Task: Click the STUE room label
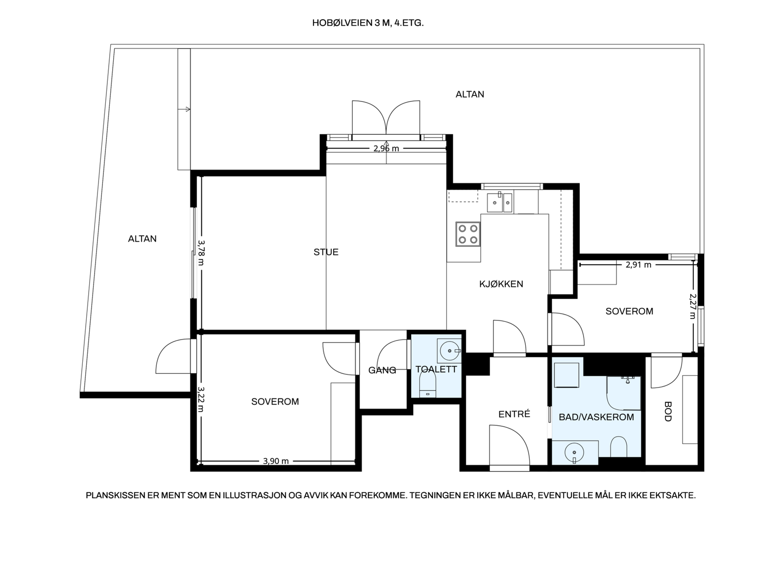click(x=326, y=252)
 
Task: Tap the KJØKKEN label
click(x=501, y=284)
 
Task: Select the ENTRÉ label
click(x=514, y=414)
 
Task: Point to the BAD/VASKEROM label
click(x=596, y=417)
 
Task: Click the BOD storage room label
click(x=668, y=412)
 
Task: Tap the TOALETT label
click(x=436, y=369)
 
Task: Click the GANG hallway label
click(x=382, y=370)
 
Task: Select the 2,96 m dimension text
click(x=386, y=148)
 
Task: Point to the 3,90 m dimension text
click(x=276, y=461)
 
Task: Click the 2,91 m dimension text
click(x=638, y=265)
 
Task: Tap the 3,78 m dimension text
click(x=201, y=252)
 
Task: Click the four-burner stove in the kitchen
click(x=468, y=234)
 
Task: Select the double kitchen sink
click(x=500, y=203)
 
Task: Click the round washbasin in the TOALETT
click(x=449, y=350)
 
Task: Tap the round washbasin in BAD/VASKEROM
click(x=574, y=453)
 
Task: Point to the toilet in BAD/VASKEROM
click(x=619, y=446)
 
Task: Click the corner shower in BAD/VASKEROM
click(x=624, y=392)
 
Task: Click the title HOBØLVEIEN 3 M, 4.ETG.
click(x=368, y=23)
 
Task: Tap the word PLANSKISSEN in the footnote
click(x=115, y=495)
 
